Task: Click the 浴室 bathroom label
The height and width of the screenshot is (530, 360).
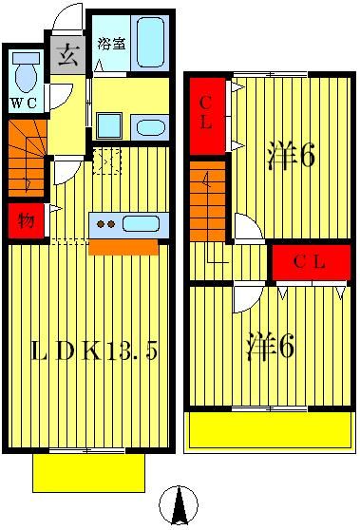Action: click(x=110, y=43)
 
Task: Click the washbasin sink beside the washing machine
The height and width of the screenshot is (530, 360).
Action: click(x=148, y=127)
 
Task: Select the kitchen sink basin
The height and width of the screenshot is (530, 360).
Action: click(x=140, y=224)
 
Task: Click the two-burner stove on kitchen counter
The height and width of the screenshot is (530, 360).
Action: click(x=104, y=224)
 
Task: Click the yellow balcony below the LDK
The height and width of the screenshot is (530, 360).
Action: click(x=91, y=470)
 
